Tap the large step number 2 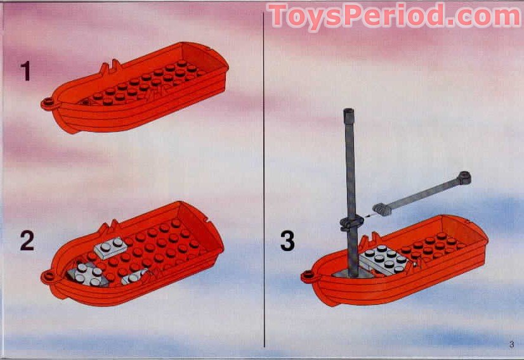(x=26, y=241)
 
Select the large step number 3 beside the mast (x=287, y=241)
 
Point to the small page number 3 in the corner (x=511, y=345)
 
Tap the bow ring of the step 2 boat (x=47, y=276)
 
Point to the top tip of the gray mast (x=348, y=113)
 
